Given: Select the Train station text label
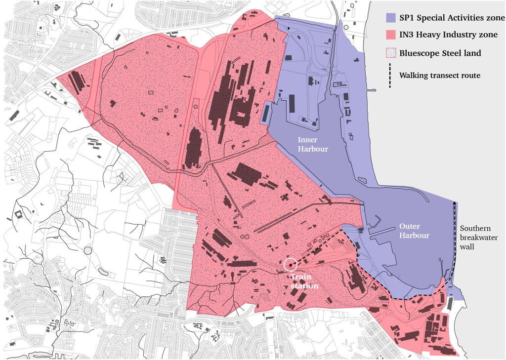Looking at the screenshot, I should tap(303, 281).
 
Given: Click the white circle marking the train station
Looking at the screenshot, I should tap(291, 264).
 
